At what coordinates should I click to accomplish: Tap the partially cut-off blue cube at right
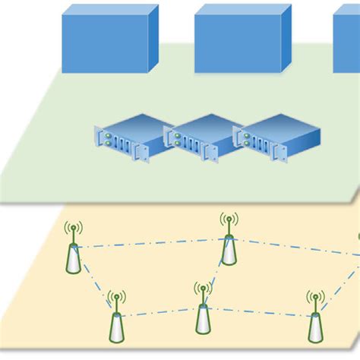(x=348, y=44)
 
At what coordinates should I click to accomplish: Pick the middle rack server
(x=202, y=138)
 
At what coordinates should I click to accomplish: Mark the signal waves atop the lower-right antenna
(x=314, y=298)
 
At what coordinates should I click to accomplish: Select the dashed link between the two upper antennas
(x=152, y=245)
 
